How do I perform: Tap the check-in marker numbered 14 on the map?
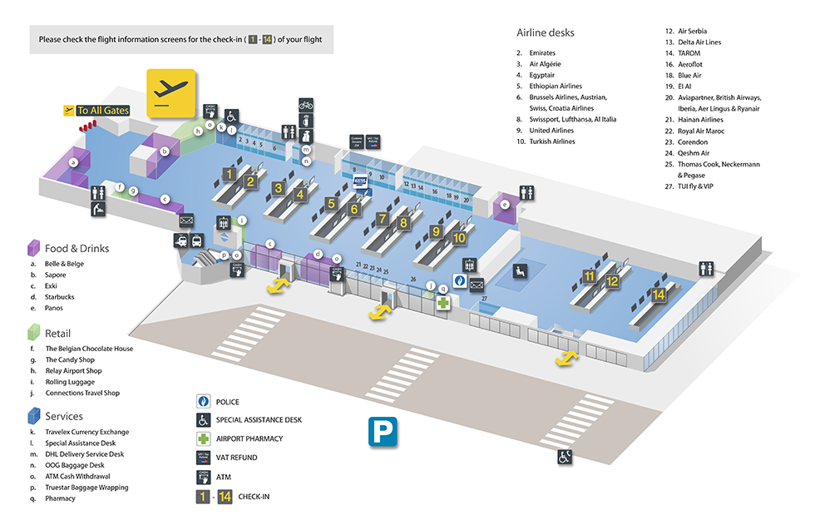(659, 295)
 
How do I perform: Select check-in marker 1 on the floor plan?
(228, 175)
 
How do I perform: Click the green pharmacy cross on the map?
(444, 303)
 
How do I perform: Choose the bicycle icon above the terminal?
(306, 105)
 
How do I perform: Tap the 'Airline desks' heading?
(546, 33)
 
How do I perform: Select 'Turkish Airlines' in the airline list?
(551, 141)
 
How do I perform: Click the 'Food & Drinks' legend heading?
(77, 248)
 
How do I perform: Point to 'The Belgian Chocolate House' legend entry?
(89, 349)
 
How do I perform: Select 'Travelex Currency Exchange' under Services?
(86, 432)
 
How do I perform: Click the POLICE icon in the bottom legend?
(203, 402)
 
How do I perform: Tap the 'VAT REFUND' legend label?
(236, 458)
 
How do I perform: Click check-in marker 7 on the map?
(383, 219)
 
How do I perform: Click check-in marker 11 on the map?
(590, 276)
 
